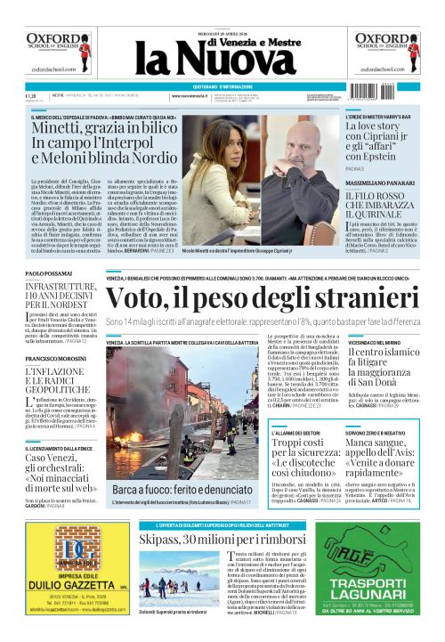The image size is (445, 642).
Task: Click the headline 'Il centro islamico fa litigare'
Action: (x=378, y=368)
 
